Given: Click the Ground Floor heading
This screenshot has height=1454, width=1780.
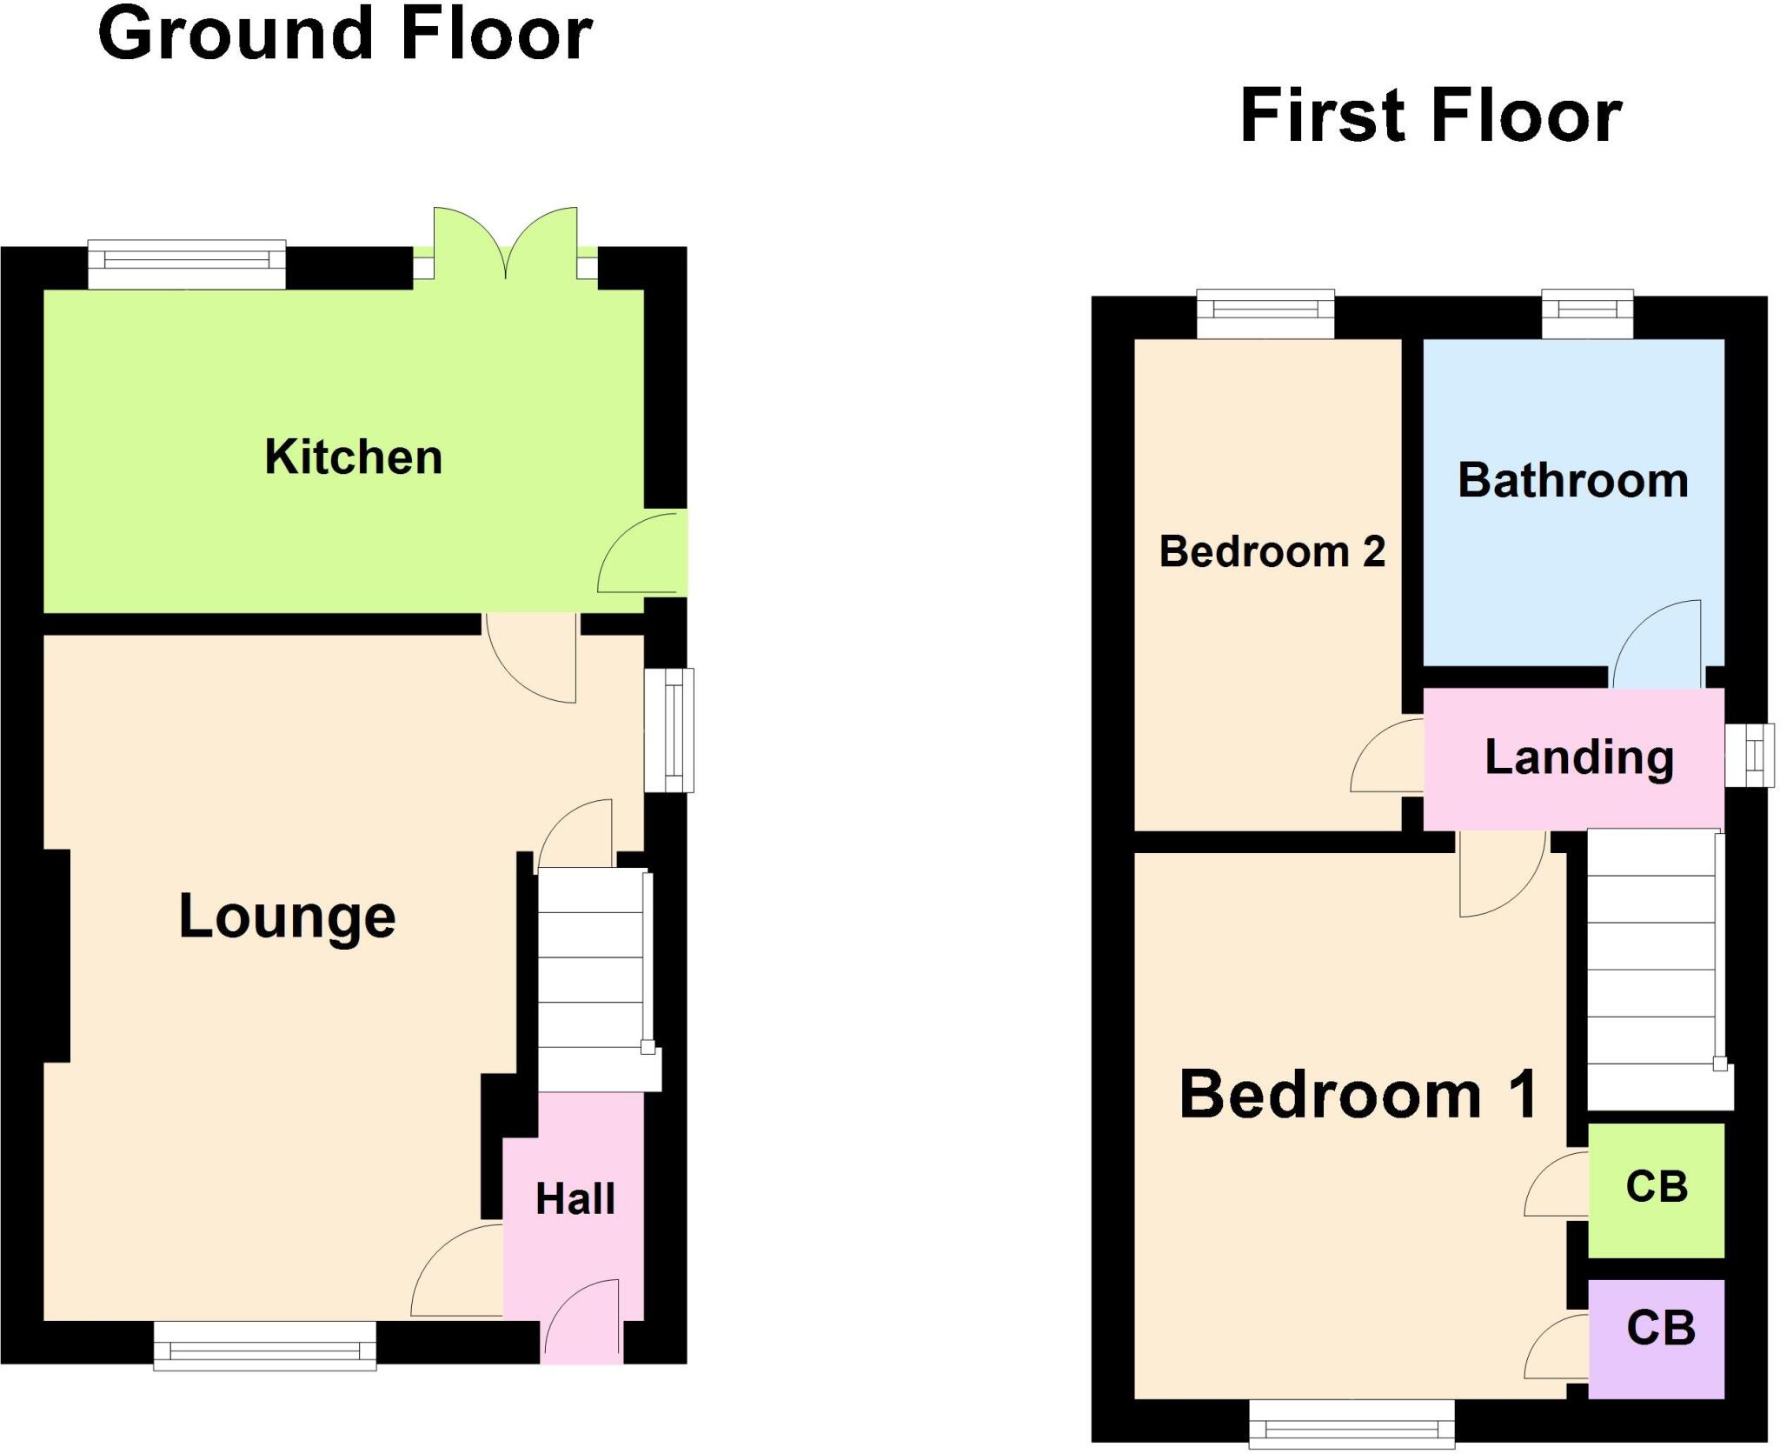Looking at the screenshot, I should pos(345,35).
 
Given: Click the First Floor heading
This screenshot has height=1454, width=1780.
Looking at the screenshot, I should pos(1431,116).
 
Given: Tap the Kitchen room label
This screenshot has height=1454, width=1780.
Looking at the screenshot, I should pos(353,457).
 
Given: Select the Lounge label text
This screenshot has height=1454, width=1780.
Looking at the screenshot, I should pos(287,917).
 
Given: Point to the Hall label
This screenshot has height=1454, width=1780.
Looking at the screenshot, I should pos(575,1199).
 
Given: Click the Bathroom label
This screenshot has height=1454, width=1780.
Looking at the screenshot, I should pos(1573,481).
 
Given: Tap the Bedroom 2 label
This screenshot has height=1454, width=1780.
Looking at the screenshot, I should pos(1272,551).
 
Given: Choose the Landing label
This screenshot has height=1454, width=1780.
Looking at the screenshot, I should pos(1578,757).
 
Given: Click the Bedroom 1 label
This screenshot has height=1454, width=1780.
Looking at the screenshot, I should pos(1358,1095).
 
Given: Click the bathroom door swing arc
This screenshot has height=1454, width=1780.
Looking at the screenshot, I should pos(1657,644).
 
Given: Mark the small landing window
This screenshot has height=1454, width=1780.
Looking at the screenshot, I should pos(1749,755).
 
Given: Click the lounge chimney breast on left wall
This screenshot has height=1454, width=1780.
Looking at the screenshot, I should pos(56,955).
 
